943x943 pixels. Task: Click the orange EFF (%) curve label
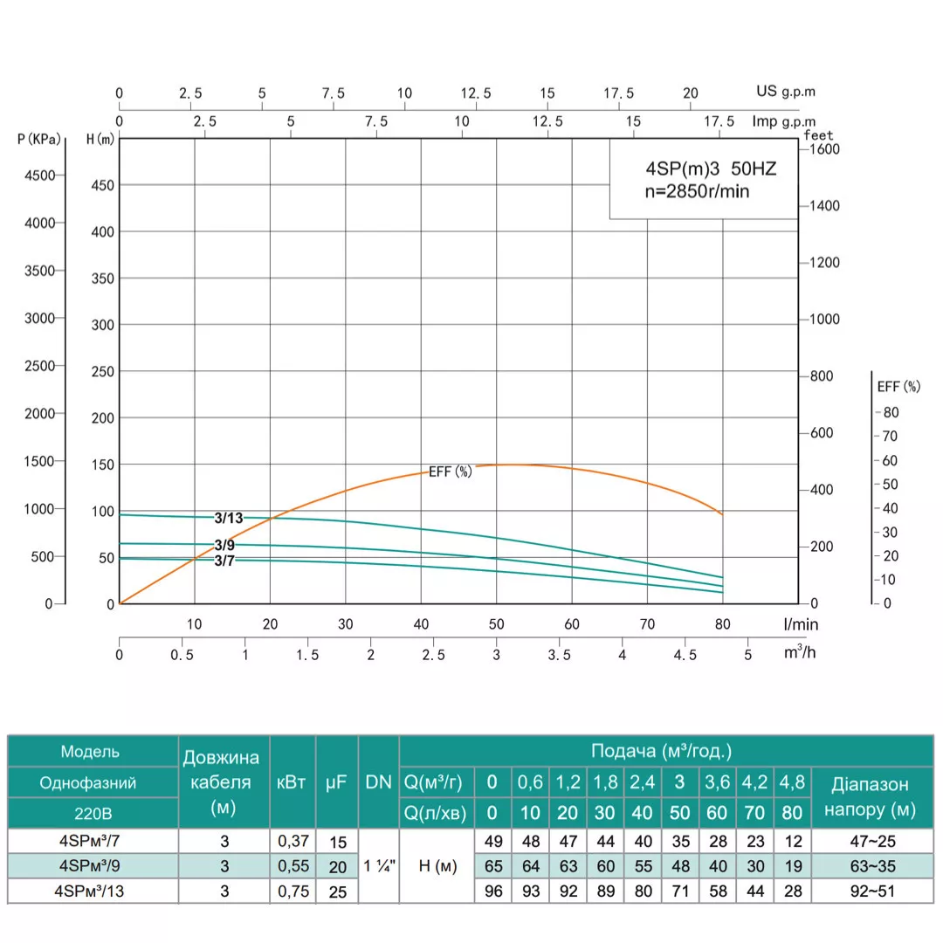450,471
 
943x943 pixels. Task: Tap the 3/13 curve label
229,518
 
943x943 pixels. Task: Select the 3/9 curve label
224,546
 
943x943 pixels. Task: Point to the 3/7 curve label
224,561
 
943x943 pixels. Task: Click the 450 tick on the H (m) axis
102,185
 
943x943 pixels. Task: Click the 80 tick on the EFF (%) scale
891,412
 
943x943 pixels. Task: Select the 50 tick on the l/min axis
496,624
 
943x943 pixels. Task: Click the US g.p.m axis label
786,91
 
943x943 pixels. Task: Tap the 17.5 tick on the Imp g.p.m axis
719,121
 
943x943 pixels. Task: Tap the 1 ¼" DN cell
378,866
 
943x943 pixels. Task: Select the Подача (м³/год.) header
661,751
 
